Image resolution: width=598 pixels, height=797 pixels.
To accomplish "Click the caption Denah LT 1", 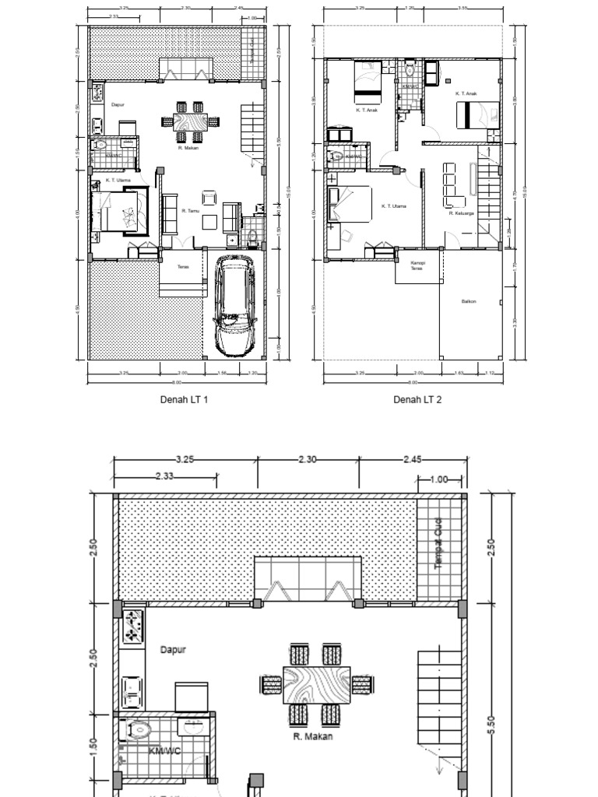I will point(184,399).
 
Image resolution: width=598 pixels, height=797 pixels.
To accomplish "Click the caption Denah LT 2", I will point(417,399).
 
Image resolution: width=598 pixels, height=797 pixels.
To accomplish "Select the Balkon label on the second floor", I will point(468,301).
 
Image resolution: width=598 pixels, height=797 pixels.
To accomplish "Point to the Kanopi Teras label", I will point(417,266).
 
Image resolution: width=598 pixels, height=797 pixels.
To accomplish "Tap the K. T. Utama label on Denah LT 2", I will point(394,206).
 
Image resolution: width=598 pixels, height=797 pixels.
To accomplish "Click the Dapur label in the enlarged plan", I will point(173,649).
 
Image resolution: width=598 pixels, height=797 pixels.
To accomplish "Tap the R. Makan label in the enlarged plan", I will point(312,736).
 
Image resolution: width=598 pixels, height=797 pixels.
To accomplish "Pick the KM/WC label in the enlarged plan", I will point(165,751).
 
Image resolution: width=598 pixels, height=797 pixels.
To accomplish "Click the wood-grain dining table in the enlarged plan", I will point(316,684).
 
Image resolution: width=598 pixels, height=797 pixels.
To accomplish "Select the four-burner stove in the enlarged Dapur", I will point(133,627).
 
